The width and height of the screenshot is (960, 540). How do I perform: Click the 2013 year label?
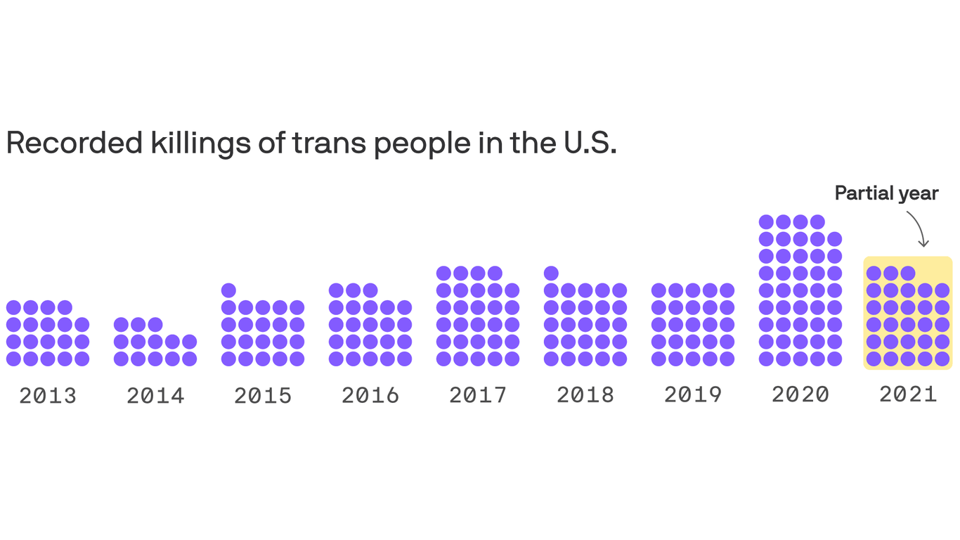tap(48, 395)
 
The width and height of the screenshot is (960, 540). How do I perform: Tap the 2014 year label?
tap(155, 395)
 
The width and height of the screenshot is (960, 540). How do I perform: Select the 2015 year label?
tap(263, 395)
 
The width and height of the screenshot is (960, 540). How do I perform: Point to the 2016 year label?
tap(370, 395)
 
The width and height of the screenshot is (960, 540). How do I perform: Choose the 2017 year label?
tap(478, 395)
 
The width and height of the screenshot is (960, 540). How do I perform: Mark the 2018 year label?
tap(585, 395)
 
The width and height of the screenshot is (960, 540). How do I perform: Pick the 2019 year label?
tap(693, 395)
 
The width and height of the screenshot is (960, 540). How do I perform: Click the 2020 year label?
tap(800, 394)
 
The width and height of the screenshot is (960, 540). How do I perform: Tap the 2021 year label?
tap(908, 394)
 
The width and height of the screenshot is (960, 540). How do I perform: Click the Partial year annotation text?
tap(886, 193)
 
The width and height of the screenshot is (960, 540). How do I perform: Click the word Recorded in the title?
tap(74, 143)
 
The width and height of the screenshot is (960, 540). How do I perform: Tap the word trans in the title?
tap(329, 143)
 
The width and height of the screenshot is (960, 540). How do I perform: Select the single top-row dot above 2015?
tap(228, 290)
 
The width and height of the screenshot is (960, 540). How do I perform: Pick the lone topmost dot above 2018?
tap(551, 274)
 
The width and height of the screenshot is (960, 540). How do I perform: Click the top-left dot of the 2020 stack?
tap(766, 222)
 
